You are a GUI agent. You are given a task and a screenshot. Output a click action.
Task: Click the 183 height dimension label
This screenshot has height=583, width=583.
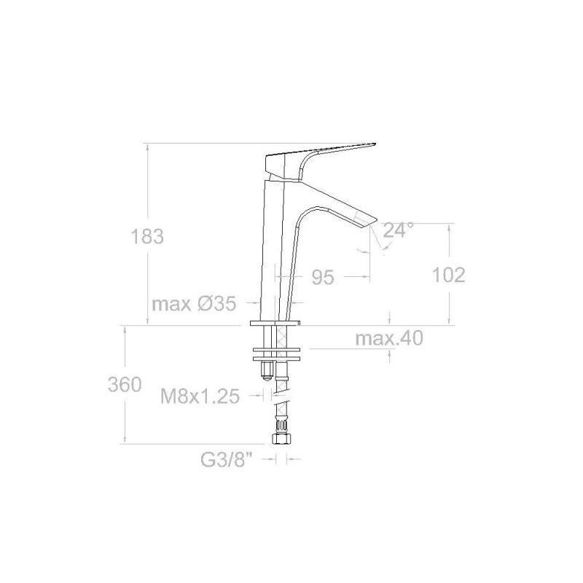147,236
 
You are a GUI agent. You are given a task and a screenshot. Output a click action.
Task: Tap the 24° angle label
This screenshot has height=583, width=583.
398,230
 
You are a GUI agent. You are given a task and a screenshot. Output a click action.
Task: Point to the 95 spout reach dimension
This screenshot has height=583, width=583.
323,277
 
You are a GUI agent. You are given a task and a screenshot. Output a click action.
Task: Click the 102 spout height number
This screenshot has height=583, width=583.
448,275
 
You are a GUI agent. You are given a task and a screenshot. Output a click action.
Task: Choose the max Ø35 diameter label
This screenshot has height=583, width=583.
194,304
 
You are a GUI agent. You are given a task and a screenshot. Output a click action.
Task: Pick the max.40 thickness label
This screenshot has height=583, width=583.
389,338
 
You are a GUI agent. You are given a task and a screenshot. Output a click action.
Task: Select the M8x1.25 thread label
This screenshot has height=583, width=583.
200,396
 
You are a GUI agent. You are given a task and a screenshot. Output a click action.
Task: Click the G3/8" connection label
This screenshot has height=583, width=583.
227,460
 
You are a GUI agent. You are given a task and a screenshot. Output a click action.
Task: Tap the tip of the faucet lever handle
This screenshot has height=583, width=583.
375,144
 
